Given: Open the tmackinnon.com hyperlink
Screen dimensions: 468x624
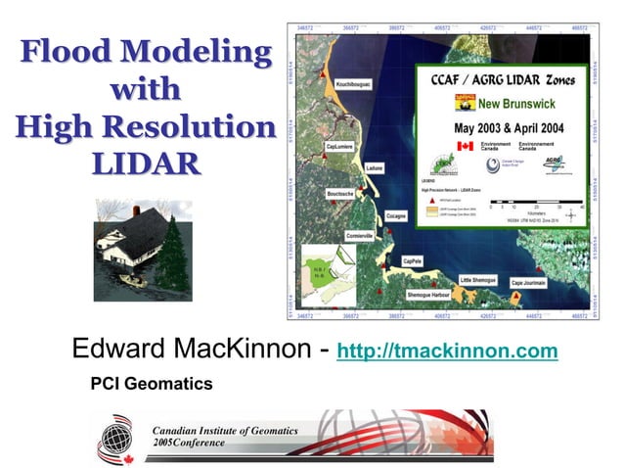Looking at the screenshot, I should click(x=447, y=351).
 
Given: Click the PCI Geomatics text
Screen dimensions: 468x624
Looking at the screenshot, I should click(x=151, y=385).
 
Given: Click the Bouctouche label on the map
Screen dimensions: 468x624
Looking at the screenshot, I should click(x=340, y=194).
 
